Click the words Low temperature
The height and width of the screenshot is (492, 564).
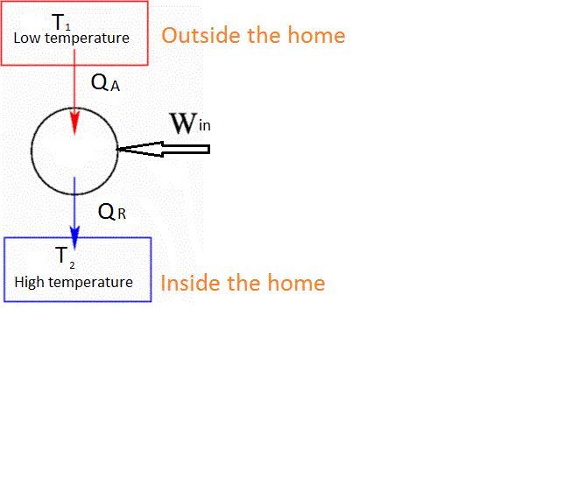coord(71,39)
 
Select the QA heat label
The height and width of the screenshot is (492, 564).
coord(105,84)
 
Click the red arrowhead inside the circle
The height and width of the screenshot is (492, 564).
coord(75,123)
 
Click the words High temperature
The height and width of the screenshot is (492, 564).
coord(74,282)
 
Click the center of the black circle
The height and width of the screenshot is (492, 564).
coord(74,151)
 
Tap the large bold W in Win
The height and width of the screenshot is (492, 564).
coord(183,123)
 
